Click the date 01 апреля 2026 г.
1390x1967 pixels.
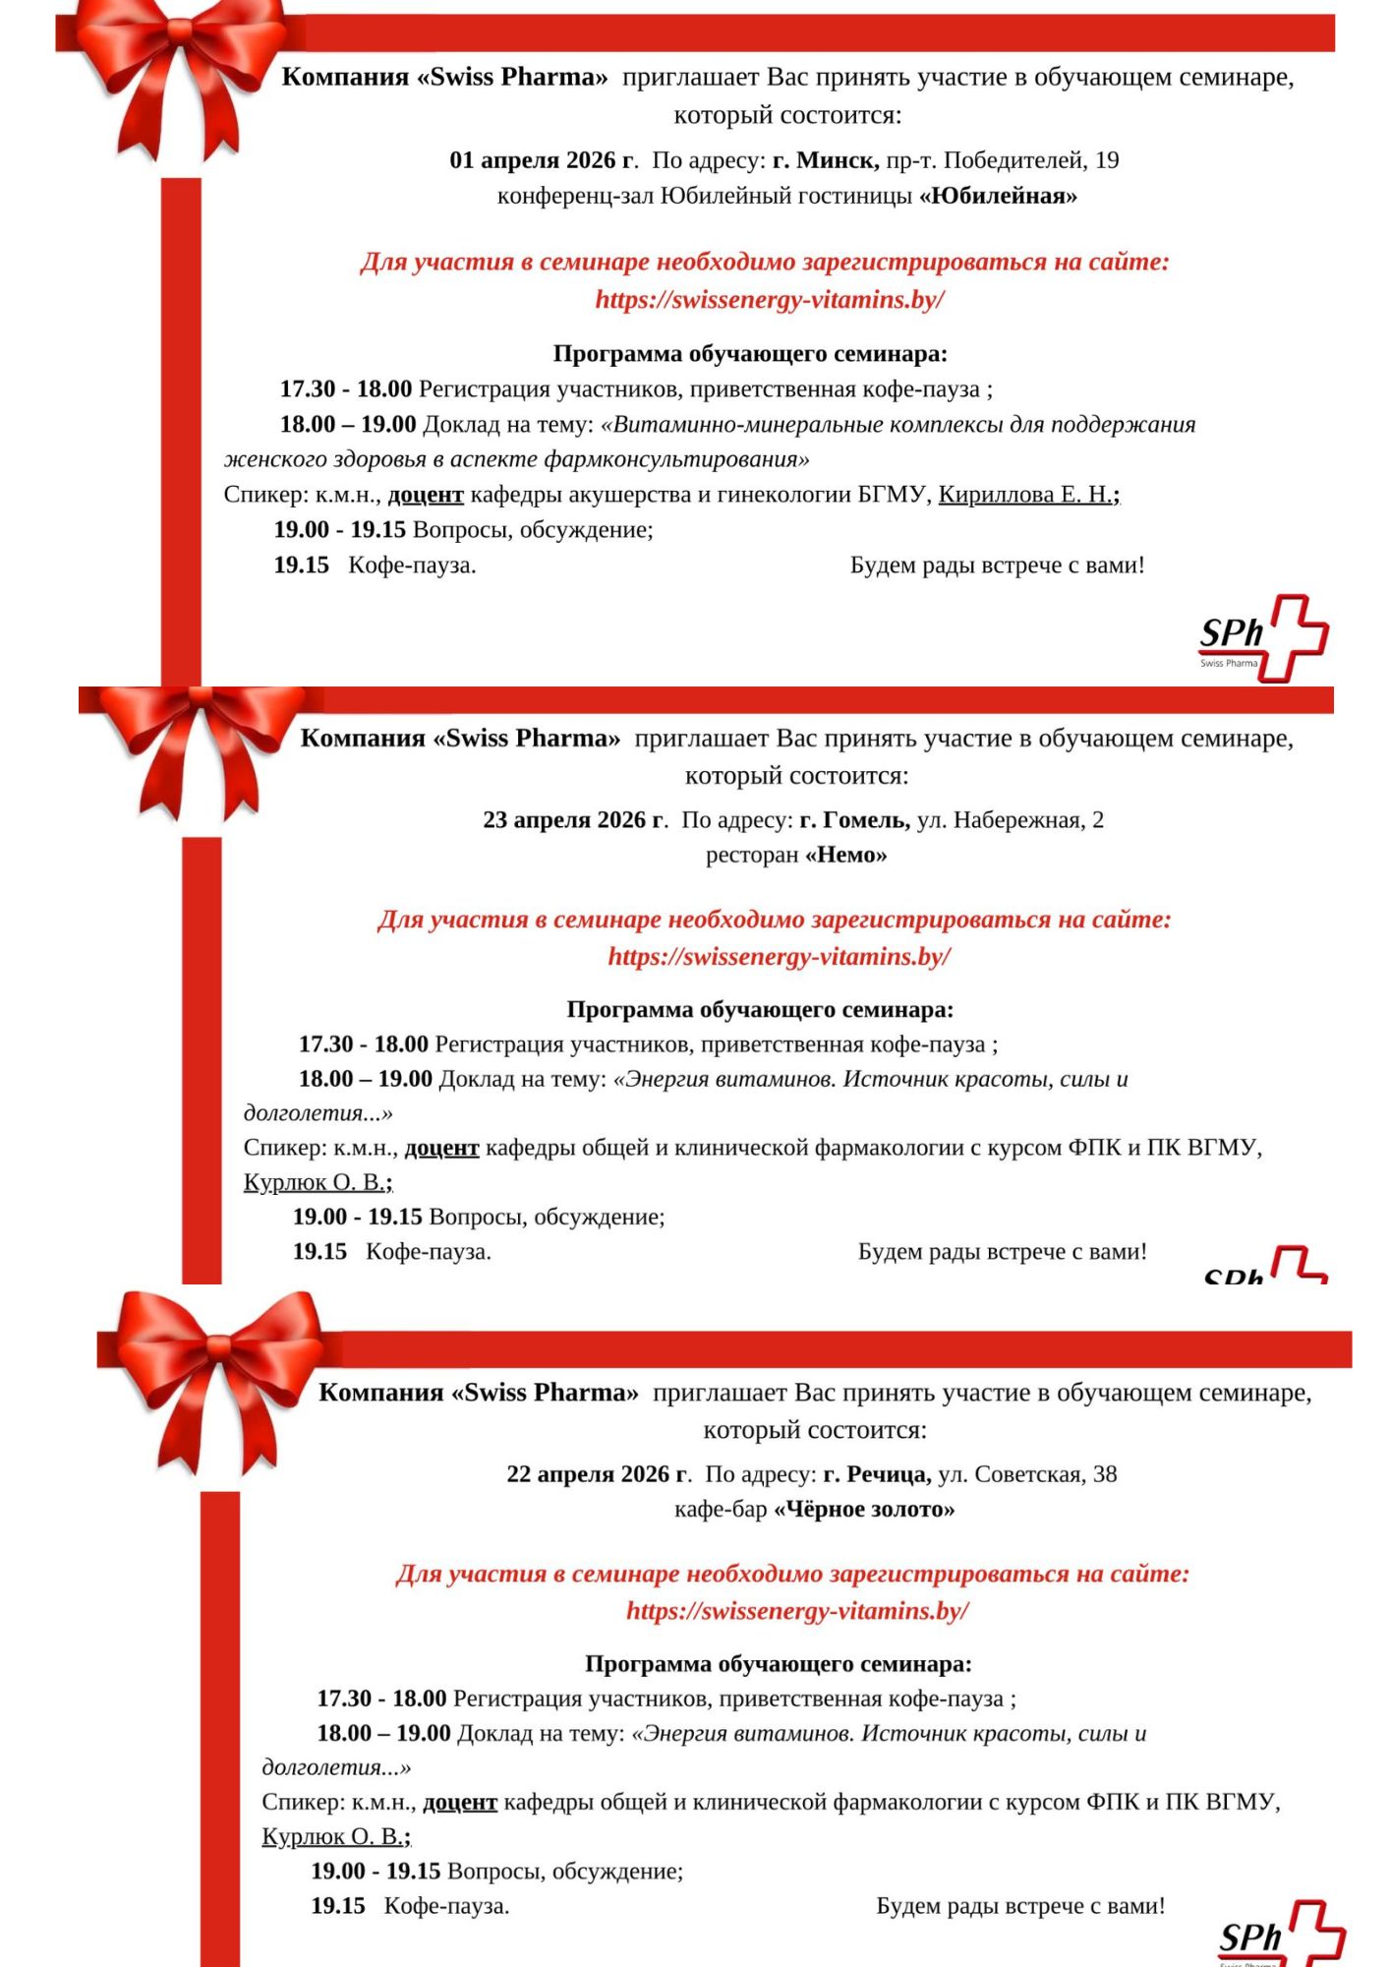coord(543,160)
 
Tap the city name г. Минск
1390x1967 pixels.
coord(826,160)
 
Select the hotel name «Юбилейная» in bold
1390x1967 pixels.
coord(998,196)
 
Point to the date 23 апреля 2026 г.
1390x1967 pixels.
coord(575,820)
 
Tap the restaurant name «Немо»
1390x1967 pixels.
coord(845,855)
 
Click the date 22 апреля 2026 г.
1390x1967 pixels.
coord(599,1474)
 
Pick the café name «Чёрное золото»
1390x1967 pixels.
coord(864,1509)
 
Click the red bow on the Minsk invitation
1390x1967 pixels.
coord(177,69)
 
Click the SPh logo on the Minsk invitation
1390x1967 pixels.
coord(1263,637)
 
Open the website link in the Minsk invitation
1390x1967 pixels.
coord(770,300)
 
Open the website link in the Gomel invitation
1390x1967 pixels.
coord(779,957)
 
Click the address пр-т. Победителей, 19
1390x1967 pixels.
coord(1003,160)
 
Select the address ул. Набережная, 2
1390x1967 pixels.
coord(1011,820)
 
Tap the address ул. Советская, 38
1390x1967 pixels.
coord(1027,1474)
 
